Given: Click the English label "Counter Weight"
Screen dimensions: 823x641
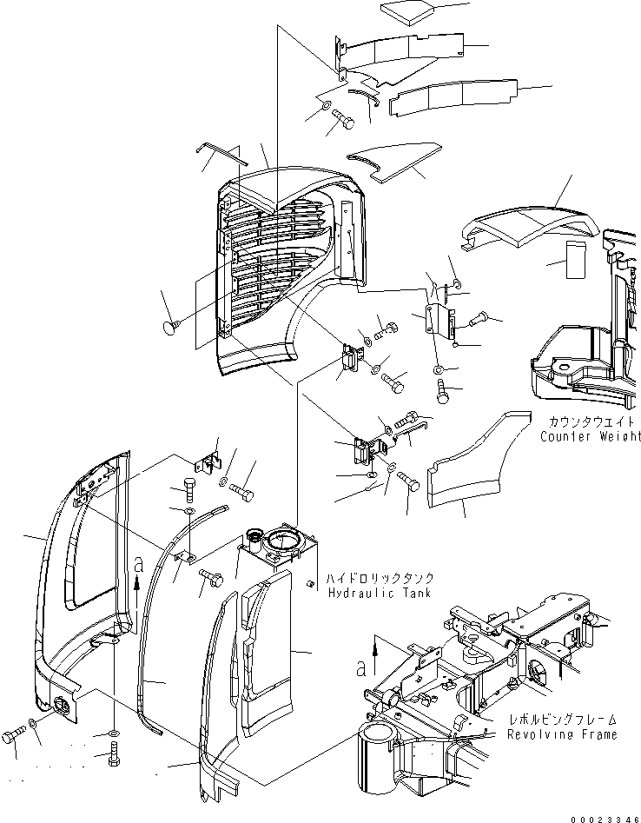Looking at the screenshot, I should coord(591,435).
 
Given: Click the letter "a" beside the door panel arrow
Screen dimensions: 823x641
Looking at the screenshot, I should coord(137,564).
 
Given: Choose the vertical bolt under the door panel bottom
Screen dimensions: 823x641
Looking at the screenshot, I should coord(114,757).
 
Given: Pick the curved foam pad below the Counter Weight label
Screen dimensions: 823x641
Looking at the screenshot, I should coord(469,469).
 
